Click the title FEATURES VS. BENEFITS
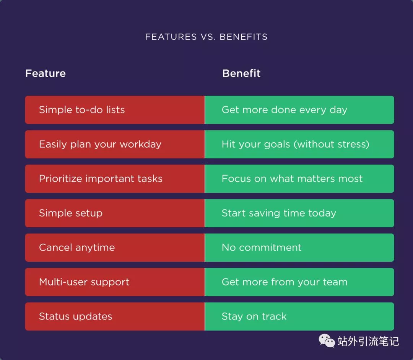(x=206, y=37)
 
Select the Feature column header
(x=45, y=73)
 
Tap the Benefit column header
(x=241, y=73)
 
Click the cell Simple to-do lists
(x=115, y=110)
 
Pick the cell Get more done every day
(x=299, y=110)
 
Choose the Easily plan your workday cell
(x=115, y=144)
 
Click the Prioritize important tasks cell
(x=115, y=179)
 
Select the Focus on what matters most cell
(x=299, y=179)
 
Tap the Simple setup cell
(x=115, y=213)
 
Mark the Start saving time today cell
(x=299, y=213)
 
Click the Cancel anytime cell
(x=115, y=248)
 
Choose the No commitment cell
(x=299, y=248)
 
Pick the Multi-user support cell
(x=115, y=282)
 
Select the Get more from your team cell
(x=299, y=282)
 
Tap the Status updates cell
(x=115, y=316)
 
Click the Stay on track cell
(x=299, y=316)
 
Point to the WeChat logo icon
(x=327, y=341)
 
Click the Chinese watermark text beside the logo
(x=368, y=341)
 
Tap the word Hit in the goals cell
(x=228, y=144)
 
